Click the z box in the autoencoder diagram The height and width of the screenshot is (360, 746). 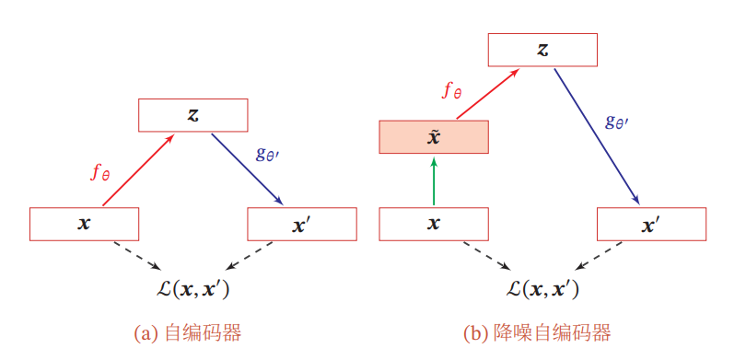pos(193,115)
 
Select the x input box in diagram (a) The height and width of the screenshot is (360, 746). pos(84,224)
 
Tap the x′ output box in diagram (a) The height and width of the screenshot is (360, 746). pos(302,224)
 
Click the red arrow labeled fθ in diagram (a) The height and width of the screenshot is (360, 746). pos(138,171)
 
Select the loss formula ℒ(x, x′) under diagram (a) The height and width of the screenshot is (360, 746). pos(193,289)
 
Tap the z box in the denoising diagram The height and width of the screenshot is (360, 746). pos(542,50)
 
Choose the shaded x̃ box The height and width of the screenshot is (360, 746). pos(434,137)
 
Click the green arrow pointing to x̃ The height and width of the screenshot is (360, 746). pos(434,180)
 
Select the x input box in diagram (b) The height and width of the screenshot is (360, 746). pos(434,224)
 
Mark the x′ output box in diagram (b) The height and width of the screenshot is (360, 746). pos(652,224)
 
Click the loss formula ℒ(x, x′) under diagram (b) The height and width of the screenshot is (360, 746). pos(542,289)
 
